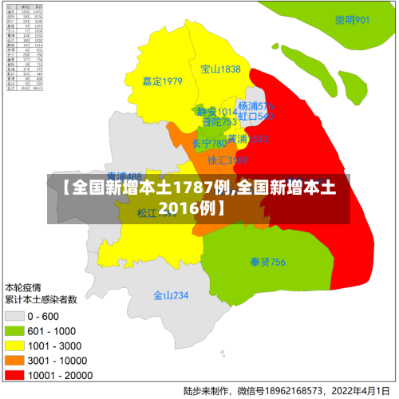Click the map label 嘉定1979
pos(162,81)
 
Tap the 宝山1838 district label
pos(220,69)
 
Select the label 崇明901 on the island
pos(352,20)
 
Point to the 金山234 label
pos(171,295)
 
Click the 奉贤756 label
pos(267,261)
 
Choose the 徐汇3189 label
pos(227,160)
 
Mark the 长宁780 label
pos(209,144)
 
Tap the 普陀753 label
pos(219,122)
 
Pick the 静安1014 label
pos(217,112)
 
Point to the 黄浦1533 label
pos(247,139)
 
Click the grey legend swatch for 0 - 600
pos(15,316)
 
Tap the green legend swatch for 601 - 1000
pos(15,330)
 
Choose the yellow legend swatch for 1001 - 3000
pos(15,345)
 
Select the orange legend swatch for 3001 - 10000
pos(15,359)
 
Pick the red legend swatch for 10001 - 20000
pos(15,373)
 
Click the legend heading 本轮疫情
pos(24,286)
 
